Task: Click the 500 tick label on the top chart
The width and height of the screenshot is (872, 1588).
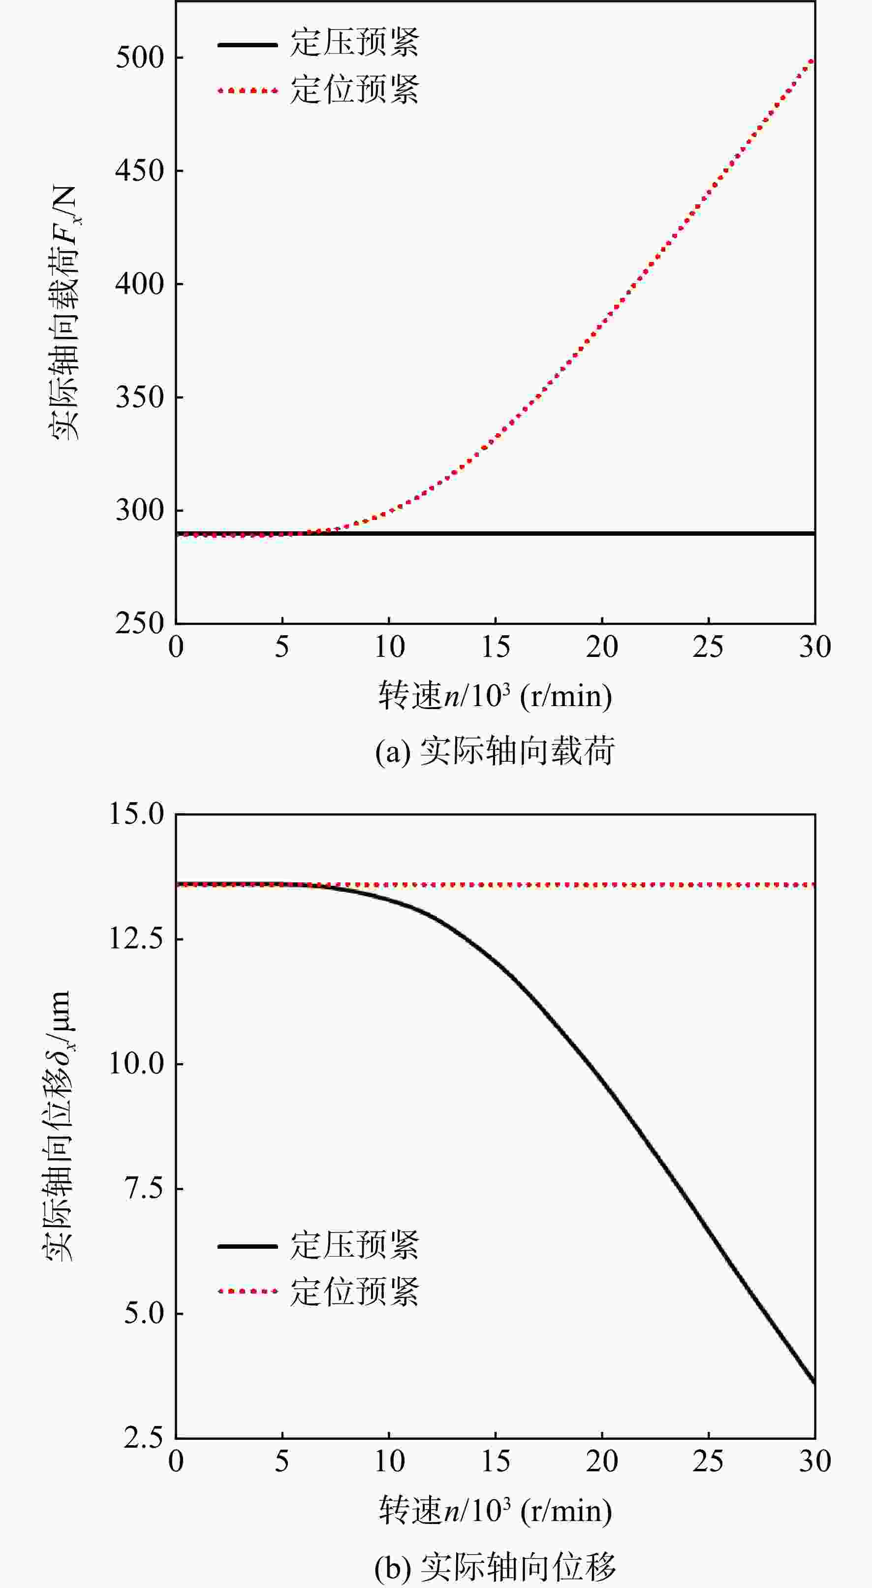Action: [141, 58]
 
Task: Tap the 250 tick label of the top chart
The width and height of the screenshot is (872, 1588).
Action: [141, 624]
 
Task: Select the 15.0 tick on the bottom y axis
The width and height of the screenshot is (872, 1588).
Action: [137, 814]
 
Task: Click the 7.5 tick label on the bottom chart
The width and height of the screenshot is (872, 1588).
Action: [145, 1188]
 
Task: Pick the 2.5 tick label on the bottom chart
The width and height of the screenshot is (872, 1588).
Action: [145, 1438]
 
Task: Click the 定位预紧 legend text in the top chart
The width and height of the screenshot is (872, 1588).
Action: [355, 90]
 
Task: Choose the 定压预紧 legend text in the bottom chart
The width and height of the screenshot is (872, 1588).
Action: [355, 1244]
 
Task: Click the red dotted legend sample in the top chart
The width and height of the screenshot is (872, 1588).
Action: [248, 91]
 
